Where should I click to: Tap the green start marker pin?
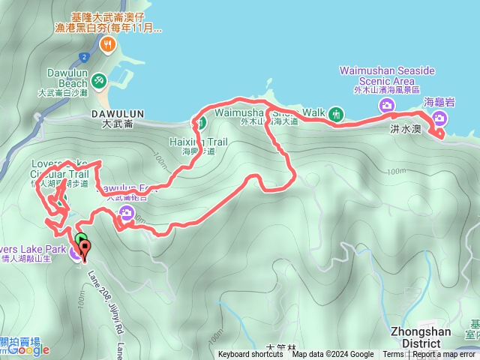point(80,241)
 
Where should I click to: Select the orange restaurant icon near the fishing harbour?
point(109,45)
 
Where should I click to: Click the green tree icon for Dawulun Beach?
point(98,79)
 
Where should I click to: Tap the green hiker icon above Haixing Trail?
point(200,123)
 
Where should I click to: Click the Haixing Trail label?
point(199,140)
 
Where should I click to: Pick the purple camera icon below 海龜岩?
point(438,117)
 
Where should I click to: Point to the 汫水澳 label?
point(405,130)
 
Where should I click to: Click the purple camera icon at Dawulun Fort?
point(125,214)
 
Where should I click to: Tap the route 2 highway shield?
point(85,56)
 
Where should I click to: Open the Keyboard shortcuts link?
point(250,355)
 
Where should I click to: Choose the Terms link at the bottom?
point(393,355)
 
